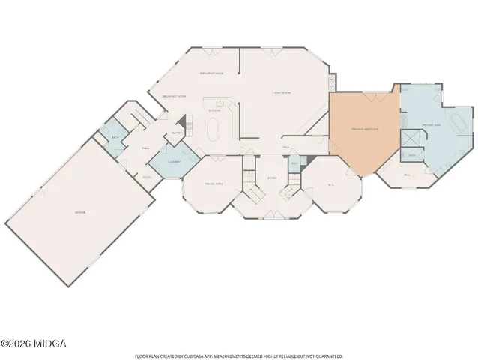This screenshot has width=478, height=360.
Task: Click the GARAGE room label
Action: [79, 213]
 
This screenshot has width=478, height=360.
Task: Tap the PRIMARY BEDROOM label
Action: [365, 129]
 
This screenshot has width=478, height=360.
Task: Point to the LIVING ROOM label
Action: [282, 92]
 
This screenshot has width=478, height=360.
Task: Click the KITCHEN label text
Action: [214, 110]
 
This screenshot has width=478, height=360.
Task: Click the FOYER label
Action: [271, 178]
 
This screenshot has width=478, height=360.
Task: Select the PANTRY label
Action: [177, 133]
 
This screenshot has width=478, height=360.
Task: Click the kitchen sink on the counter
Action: [221, 102]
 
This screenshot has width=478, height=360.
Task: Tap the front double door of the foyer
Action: [271, 218]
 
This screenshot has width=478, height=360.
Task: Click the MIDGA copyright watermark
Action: [34, 343]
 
